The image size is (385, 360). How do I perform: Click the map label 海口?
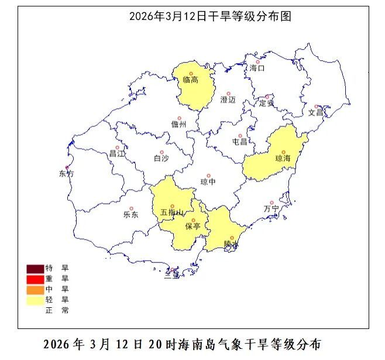click(257, 68)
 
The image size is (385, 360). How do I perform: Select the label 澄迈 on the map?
click(228, 100)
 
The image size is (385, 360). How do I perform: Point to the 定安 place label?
click(267, 104)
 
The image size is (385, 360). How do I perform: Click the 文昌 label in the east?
click(316, 112)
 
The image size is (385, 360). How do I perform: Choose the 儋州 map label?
click(178, 124)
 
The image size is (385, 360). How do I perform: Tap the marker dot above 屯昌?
click(240, 135)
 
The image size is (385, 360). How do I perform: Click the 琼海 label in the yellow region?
click(283, 159)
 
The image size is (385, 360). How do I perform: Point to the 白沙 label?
click(161, 158)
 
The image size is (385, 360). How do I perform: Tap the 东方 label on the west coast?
click(67, 174)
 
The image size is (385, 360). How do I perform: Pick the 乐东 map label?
click(131, 215)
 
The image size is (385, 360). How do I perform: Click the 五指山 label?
click(172, 212)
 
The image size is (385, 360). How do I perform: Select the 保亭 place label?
click(193, 226)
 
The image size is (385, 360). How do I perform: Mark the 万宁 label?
click(271, 209)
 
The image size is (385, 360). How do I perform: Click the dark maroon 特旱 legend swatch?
click(35, 269)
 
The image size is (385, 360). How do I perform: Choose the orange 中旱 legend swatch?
click(35, 290)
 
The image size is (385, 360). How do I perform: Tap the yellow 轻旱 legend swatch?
click(35, 300)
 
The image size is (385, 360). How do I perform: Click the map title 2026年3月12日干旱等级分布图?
click(210, 17)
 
